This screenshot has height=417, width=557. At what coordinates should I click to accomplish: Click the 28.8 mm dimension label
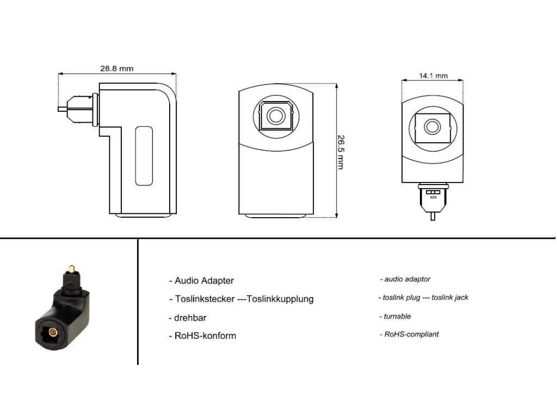click(x=116, y=68)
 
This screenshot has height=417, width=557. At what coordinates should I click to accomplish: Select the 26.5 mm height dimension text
click(x=341, y=151)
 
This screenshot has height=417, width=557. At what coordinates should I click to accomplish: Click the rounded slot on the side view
click(x=144, y=156)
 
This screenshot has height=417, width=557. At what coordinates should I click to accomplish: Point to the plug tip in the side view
click(x=61, y=108)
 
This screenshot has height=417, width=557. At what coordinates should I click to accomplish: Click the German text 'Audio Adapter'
click(x=204, y=281)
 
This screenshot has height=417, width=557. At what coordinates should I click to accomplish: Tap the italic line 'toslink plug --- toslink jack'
click(x=423, y=298)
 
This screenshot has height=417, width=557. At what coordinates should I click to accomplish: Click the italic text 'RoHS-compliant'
click(x=411, y=334)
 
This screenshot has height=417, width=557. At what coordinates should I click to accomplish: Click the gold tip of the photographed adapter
click(x=70, y=268)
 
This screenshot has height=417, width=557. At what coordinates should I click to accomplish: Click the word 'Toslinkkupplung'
click(x=280, y=299)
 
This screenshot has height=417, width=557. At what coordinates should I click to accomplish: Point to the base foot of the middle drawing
click(x=276, y=216)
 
